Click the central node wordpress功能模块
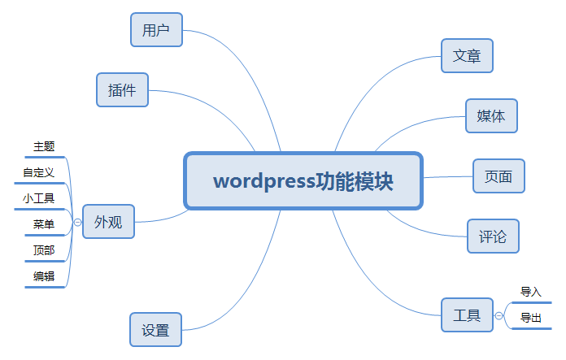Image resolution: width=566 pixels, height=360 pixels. tap(303, 180)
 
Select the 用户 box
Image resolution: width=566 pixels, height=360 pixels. tap(156, 30)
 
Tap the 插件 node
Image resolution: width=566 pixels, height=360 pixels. tap(122, 89)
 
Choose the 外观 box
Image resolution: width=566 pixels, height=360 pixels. tap(108, 221)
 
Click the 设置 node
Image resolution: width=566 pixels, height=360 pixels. tap(155, 330)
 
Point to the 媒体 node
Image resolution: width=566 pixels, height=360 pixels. tap(491, 116)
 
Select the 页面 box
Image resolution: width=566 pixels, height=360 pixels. tap(499, 176)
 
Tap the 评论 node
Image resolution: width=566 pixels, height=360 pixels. tap(493, 236)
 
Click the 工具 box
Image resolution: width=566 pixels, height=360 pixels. tap(467, 315)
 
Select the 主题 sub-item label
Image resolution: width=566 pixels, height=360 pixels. tap(44, 146)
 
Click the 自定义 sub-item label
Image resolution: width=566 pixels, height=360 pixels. tap(39, 172)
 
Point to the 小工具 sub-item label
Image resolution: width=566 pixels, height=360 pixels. tap(39, 198)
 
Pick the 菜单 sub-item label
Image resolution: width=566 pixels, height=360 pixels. tap(44, 224)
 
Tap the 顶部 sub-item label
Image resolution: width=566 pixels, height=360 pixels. tap(44, 250)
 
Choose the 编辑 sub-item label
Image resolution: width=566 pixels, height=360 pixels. tap(44, 276)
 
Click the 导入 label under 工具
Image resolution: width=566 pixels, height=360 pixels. tap(531, 292)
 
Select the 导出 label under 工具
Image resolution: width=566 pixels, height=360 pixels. tap(531, 318)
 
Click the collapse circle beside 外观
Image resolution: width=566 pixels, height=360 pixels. tap(77, 221)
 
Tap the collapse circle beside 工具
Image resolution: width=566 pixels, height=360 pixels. tap(499, 315)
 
